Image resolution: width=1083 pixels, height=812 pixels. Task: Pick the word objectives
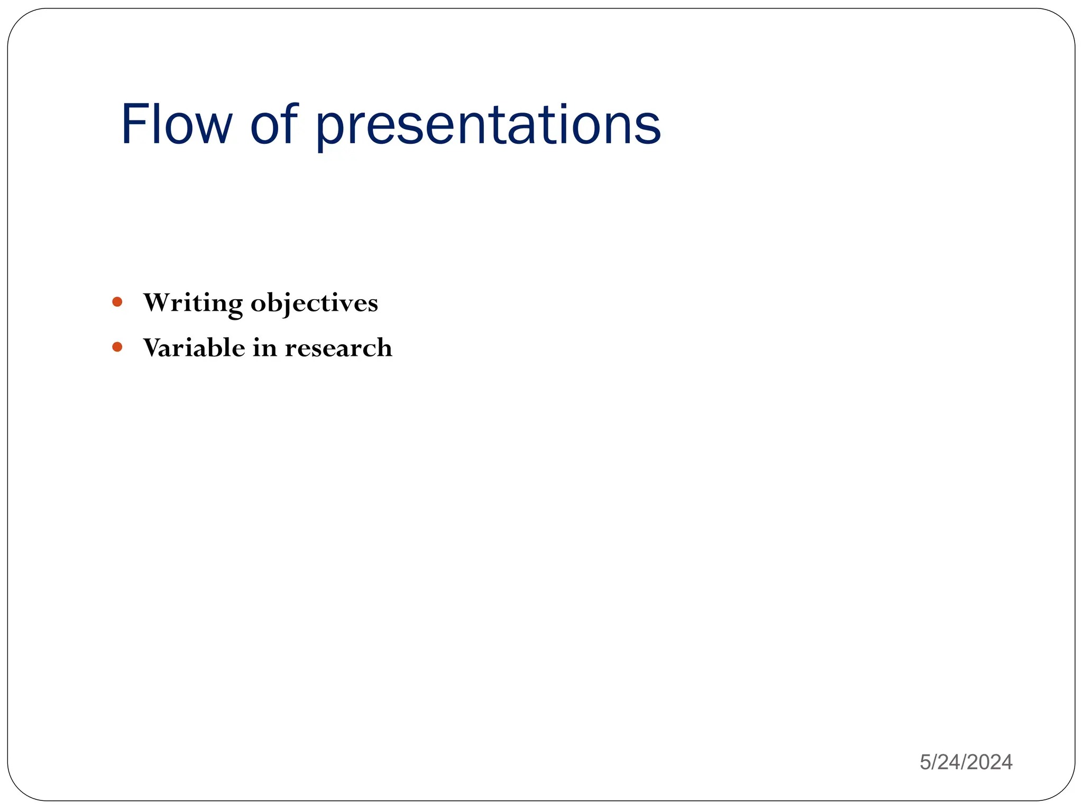(314, 303)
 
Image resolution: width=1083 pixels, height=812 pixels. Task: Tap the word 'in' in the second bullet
(265, 348)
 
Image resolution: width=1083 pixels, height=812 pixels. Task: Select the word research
(338, 348)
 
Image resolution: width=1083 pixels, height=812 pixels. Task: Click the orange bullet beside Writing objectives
(117, 302)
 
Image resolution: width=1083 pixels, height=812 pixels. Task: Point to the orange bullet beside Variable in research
(117, 347)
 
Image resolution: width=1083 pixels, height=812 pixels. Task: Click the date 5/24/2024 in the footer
(966, 762)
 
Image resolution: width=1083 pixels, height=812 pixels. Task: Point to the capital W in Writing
(158, 303)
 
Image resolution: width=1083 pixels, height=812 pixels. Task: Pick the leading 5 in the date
(925, 762)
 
